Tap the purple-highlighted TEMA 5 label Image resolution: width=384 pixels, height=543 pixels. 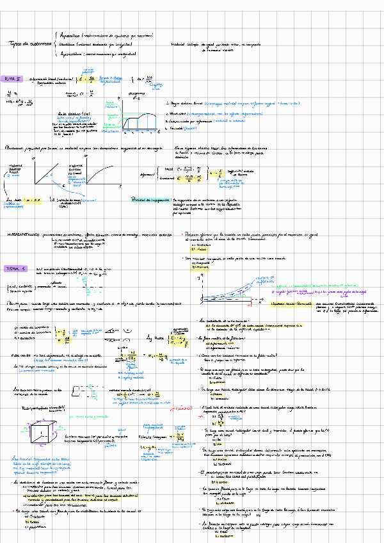(13, 78)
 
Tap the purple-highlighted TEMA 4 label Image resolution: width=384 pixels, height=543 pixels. (13, 268)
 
